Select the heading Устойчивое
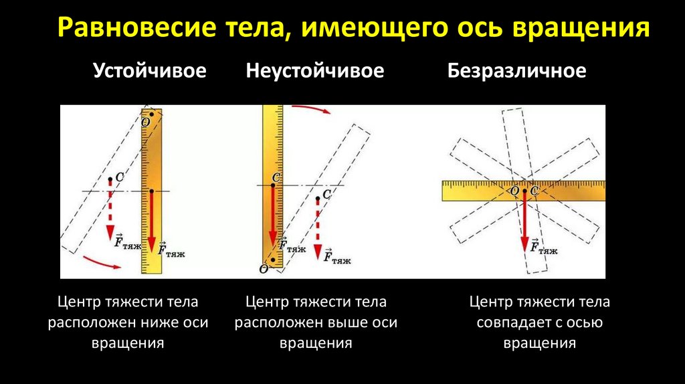[x=150, y=71]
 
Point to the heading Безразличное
[x=516, y=71]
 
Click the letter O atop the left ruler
[x=145, y=122]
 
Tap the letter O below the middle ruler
[x=263, y=268]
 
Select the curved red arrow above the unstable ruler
[x=312, y=108]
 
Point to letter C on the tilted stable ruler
[x=119, y=177]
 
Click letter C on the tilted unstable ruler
[x=326, y=194]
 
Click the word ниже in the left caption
[x=159, y=322]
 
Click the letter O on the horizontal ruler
[x=514, y=191]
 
